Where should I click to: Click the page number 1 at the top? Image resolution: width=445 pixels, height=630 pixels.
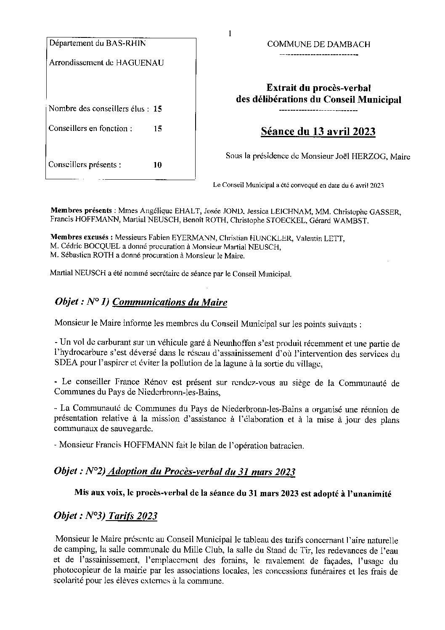tap(230, 34)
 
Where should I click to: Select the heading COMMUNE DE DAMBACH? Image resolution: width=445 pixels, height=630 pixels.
tap(319, 44)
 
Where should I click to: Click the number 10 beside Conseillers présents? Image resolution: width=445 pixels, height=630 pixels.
tap(157, 165)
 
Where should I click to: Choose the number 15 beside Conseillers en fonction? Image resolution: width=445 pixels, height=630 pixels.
tap(157, 129)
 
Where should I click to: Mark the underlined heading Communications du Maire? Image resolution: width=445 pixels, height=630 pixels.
tap(170, 302)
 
